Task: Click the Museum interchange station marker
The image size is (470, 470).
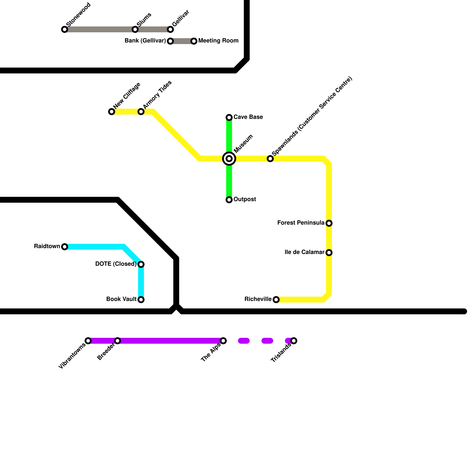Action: (229, 159)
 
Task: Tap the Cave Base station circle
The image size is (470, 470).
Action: (229, 117)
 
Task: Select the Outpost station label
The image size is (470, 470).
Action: (245, 199)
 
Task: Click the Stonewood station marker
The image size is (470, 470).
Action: (65, 29)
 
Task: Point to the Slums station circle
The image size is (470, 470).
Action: (135, 29)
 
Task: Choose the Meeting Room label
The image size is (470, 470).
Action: (218, 41)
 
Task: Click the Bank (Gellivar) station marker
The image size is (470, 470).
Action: (170, 41)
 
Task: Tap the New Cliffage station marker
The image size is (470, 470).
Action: (112, 112)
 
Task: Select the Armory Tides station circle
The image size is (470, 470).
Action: (141, 112)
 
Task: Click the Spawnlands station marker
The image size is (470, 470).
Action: (270, 159)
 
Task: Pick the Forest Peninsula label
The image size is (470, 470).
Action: (301, 223)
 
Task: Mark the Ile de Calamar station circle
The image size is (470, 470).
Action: (329, 253)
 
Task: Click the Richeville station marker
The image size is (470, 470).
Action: (276, 300)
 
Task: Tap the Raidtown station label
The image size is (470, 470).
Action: (47, 246)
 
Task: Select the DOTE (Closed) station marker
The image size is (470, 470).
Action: (141, 264)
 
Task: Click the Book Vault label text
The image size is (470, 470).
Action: (121, 299)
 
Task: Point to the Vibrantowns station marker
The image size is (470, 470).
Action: (88, 341)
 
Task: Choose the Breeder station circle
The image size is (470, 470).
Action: (117, 341)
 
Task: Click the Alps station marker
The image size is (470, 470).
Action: (223, 341)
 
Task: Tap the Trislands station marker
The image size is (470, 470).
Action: (294, 341)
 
